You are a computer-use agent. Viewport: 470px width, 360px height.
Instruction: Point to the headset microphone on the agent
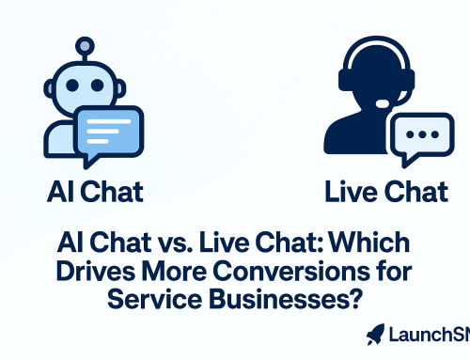click(x=381, y=103)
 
